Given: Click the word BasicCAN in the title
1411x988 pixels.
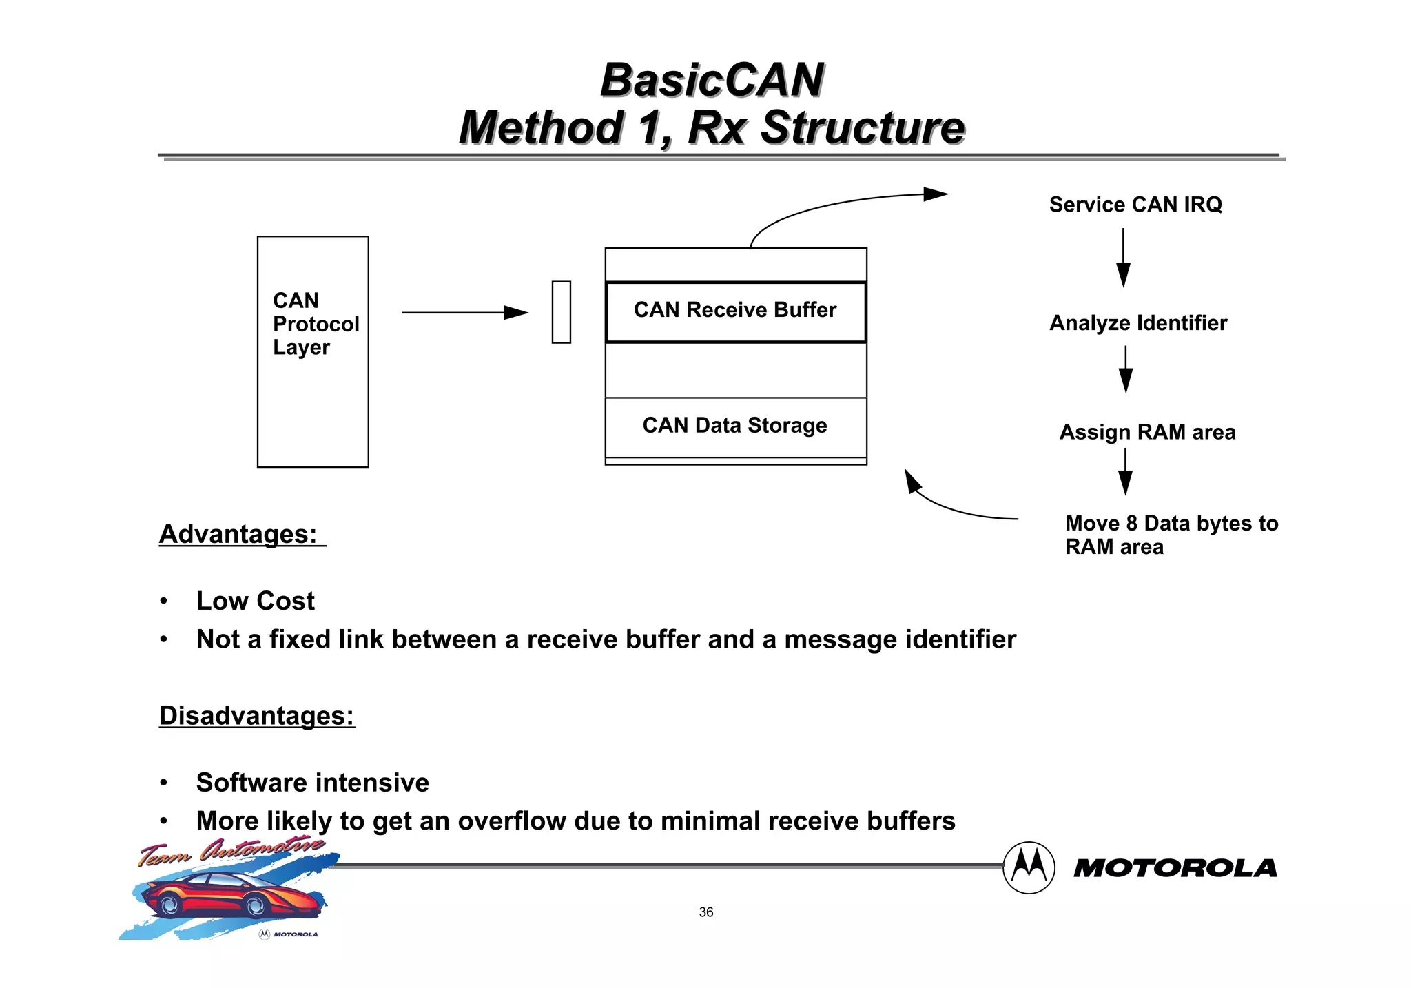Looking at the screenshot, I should pos(712,80).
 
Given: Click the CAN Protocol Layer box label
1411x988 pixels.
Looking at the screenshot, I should pos(315,324).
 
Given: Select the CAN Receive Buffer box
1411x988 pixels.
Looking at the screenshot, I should pos(735,311).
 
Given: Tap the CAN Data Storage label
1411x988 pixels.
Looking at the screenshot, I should pos(734,426).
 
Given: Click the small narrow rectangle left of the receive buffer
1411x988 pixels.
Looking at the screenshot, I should pos(561,312).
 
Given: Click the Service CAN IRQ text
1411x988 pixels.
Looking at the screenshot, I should pos(1135,205).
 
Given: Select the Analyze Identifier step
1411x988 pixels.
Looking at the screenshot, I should pos(1137,323).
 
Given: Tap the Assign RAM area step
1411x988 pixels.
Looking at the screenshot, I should pos(1146,432).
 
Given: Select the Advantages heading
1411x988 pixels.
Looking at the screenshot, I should pos(238,535).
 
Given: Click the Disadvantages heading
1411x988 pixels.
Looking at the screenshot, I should pos(256,716).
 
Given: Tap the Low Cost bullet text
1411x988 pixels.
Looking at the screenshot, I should pos(255,601).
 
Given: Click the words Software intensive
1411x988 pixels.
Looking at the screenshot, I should pos(312,783).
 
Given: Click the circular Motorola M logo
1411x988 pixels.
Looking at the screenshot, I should pos(1028,867).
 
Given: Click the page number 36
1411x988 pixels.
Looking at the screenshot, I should pos(705,912).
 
